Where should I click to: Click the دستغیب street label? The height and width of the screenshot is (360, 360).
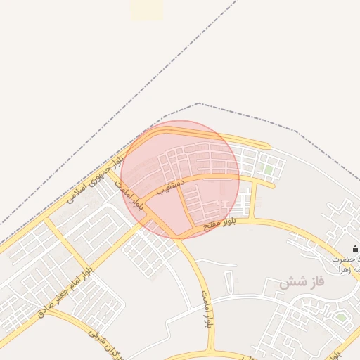(171, 188)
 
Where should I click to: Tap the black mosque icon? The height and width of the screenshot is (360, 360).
(355, 248)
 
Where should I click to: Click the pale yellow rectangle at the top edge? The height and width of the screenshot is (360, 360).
(146, 8)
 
